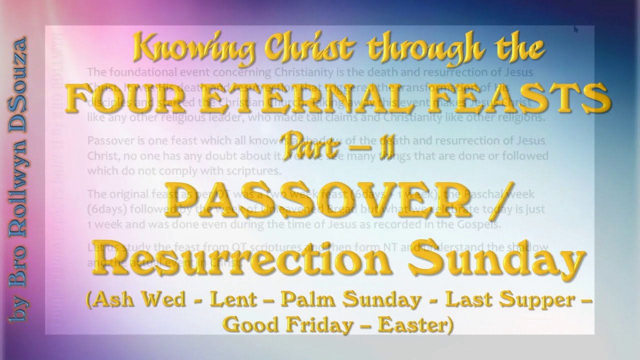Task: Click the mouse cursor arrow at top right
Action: point(576,29)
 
